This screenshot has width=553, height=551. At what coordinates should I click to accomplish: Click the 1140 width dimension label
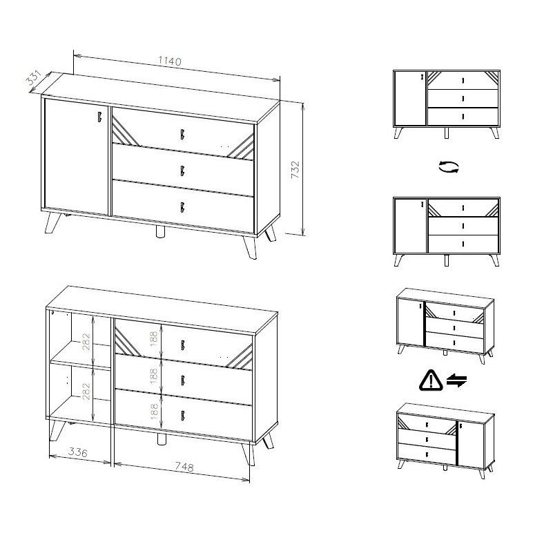(170, 61)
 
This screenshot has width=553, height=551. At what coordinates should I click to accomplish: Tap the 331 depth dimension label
(34, 78)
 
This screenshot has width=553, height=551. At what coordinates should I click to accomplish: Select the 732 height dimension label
(295, 170)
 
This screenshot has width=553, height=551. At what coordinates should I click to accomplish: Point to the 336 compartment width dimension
(77, 452)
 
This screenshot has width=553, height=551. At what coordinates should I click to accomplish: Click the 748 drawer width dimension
(184, 467)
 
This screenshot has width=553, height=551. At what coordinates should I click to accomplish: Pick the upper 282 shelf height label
(86, 342)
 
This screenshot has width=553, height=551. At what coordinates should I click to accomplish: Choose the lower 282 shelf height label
(86, 391)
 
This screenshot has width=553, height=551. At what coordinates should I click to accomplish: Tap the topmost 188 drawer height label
(154, 338)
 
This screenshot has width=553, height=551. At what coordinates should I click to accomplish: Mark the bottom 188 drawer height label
(154, 412)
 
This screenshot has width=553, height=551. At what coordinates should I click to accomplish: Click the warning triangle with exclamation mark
(431, 380)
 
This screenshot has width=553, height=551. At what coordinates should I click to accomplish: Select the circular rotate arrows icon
(449, 166)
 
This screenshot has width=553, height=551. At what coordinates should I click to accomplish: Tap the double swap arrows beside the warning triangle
(457, 381)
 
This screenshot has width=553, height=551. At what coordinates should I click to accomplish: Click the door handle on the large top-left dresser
(99, 117)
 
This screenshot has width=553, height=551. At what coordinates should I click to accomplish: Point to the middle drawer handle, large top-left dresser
(182, 171)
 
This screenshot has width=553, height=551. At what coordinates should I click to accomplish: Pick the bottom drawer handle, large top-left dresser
(182, 207)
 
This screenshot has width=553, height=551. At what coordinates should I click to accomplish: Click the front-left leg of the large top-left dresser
(52, 222)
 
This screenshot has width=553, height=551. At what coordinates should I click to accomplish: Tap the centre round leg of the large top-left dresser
(160, 233)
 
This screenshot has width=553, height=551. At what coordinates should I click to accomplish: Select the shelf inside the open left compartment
(81, 364)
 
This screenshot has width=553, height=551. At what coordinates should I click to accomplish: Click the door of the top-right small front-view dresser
(410, 98)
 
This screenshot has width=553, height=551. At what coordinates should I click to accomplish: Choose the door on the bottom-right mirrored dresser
(471, 443)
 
